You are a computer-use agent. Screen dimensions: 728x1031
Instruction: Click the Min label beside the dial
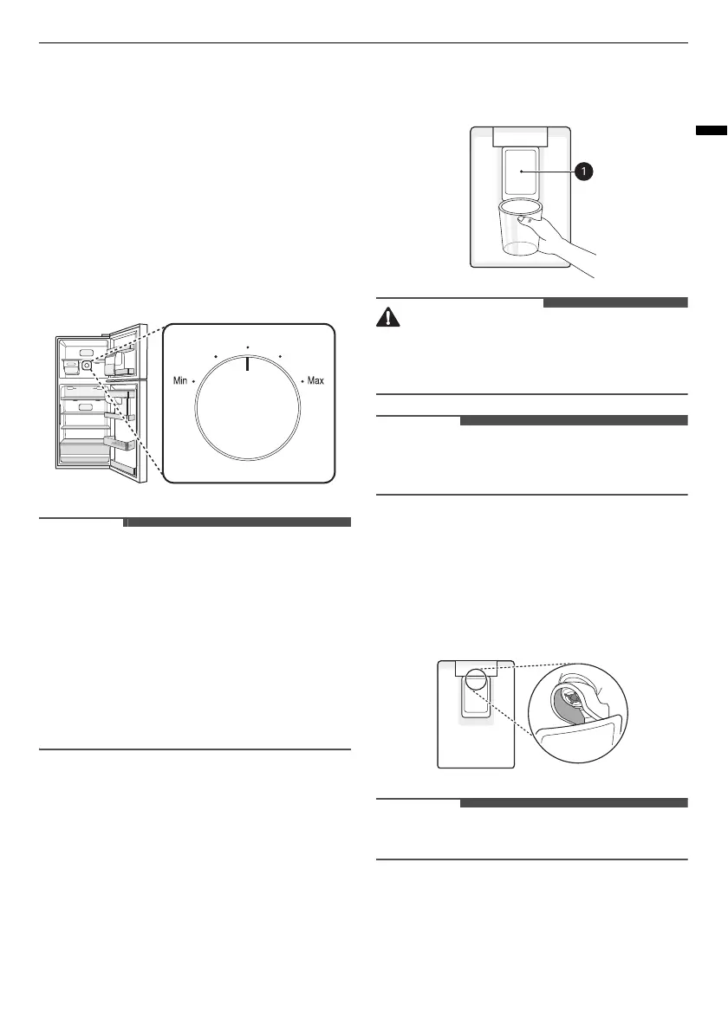(180, 381)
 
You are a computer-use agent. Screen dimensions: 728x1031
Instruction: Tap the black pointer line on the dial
(247, 364)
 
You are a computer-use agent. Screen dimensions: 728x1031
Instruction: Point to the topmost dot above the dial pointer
(247, 347)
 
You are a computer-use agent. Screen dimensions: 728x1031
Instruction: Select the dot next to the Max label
(302, 381)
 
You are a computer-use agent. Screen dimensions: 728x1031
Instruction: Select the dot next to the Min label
(194, 381)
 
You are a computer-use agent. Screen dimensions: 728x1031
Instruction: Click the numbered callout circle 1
(585, 172)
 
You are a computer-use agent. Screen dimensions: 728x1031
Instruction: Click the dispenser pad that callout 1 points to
(521, 171)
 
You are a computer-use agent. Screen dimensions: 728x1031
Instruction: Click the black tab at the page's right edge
(711, 131)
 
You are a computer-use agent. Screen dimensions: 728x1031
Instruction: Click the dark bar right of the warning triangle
(615, 302)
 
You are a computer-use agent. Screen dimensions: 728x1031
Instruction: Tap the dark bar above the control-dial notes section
(238, 522)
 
